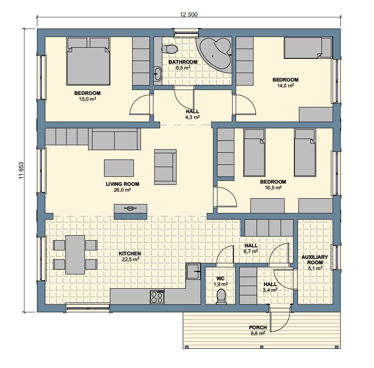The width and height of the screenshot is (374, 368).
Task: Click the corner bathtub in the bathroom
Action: click(x=215, y=54)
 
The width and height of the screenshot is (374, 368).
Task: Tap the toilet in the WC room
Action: click(x=221, y=296)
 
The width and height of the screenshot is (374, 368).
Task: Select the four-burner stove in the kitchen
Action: click(x=157, y=297)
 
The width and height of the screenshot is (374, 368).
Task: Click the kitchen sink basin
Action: click(x=193, y=271)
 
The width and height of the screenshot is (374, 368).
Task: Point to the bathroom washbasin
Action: click(x=157, y=74)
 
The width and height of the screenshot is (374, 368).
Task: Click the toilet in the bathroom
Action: click(x=169, y=49)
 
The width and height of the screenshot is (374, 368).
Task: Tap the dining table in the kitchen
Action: click(x=75, y=255)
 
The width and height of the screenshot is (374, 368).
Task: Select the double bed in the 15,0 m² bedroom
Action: click(x=88, y=61)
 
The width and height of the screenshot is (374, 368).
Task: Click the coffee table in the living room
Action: click(x=119, y=168)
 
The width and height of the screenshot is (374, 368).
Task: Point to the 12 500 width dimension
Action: click(x=189, y=14)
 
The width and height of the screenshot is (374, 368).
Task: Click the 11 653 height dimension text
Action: click(x=21, y=170)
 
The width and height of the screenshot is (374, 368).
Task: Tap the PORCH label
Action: click(x=258, y=327)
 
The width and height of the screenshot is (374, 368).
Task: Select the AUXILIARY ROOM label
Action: click(x=315, y=259)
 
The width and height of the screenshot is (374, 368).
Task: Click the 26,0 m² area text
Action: click(x=122, y=190)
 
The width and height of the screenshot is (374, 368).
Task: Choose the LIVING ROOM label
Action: click(x=122, y=184)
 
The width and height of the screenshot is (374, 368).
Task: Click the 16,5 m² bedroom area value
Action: click(x=273, y=188)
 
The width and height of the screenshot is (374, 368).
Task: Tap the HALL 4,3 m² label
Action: click(x=193, y=114)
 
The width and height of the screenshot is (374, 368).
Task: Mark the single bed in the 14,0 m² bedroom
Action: click(x=308, y=48)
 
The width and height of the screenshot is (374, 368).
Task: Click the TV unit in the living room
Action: click(x=130, y=212)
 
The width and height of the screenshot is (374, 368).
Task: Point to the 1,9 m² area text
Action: click(x=221, y=284)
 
